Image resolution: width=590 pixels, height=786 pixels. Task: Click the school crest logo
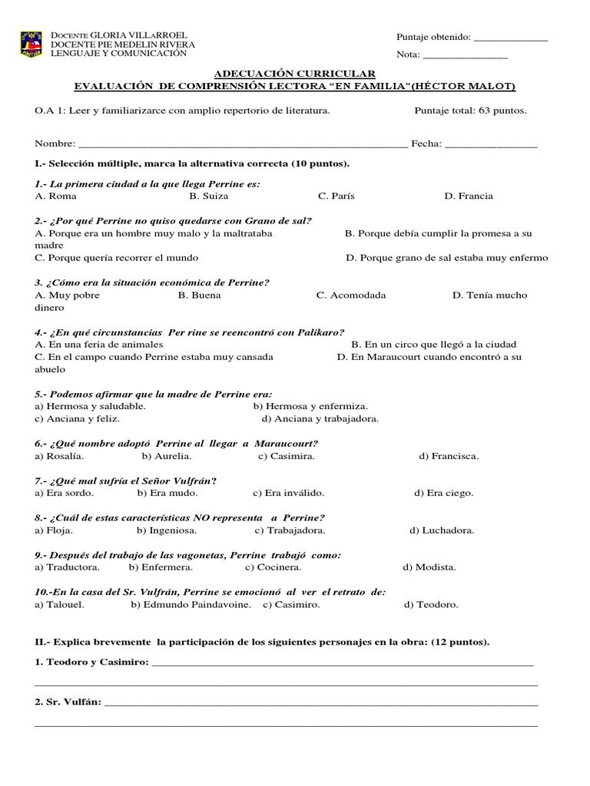click(31, 45)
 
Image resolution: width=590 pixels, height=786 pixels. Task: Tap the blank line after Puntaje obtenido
click(511, 38)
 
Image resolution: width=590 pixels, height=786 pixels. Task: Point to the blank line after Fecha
click(491, 145)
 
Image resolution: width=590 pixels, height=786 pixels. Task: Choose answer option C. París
click(336, 196)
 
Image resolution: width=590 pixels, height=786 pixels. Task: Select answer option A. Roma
click(56, 196)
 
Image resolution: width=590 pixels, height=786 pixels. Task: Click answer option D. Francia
click(469, 196)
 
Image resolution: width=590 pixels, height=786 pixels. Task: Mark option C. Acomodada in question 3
click(351, 296)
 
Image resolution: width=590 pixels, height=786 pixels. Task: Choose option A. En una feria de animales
click(99, 345)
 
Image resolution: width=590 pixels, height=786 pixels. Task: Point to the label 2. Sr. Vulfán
click(68, 702)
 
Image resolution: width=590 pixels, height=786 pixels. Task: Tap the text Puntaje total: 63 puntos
click(470, 111)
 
